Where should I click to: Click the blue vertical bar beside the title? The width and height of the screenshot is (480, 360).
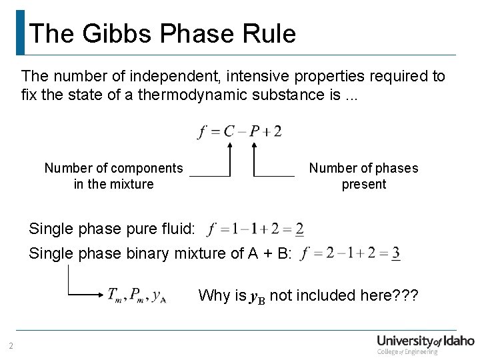pyautogui.click(x=20, y=32)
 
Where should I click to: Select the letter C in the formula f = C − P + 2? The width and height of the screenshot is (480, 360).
pyautogui.click(x=229, y=131)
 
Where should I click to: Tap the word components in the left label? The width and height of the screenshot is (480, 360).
pyautogui.click(x=147, y=168)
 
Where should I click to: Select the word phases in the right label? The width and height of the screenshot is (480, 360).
pyautogui.click(x=395, y=168)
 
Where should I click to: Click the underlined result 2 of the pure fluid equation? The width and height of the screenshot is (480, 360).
pyautogui.click(x=299, y=229)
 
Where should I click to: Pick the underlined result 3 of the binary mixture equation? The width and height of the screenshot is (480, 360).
pyautogui.click(x=395, y=253)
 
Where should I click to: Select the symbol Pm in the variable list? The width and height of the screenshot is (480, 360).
pyautogui.click(x=138, y=295)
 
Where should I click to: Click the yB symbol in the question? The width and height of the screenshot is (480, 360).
pyautogui.click(x=257, y=296)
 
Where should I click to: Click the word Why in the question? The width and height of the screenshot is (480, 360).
pyautogui.click(x=213, y=295)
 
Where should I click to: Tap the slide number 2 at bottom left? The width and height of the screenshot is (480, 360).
pyautogui.click(x=11, y=345)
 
